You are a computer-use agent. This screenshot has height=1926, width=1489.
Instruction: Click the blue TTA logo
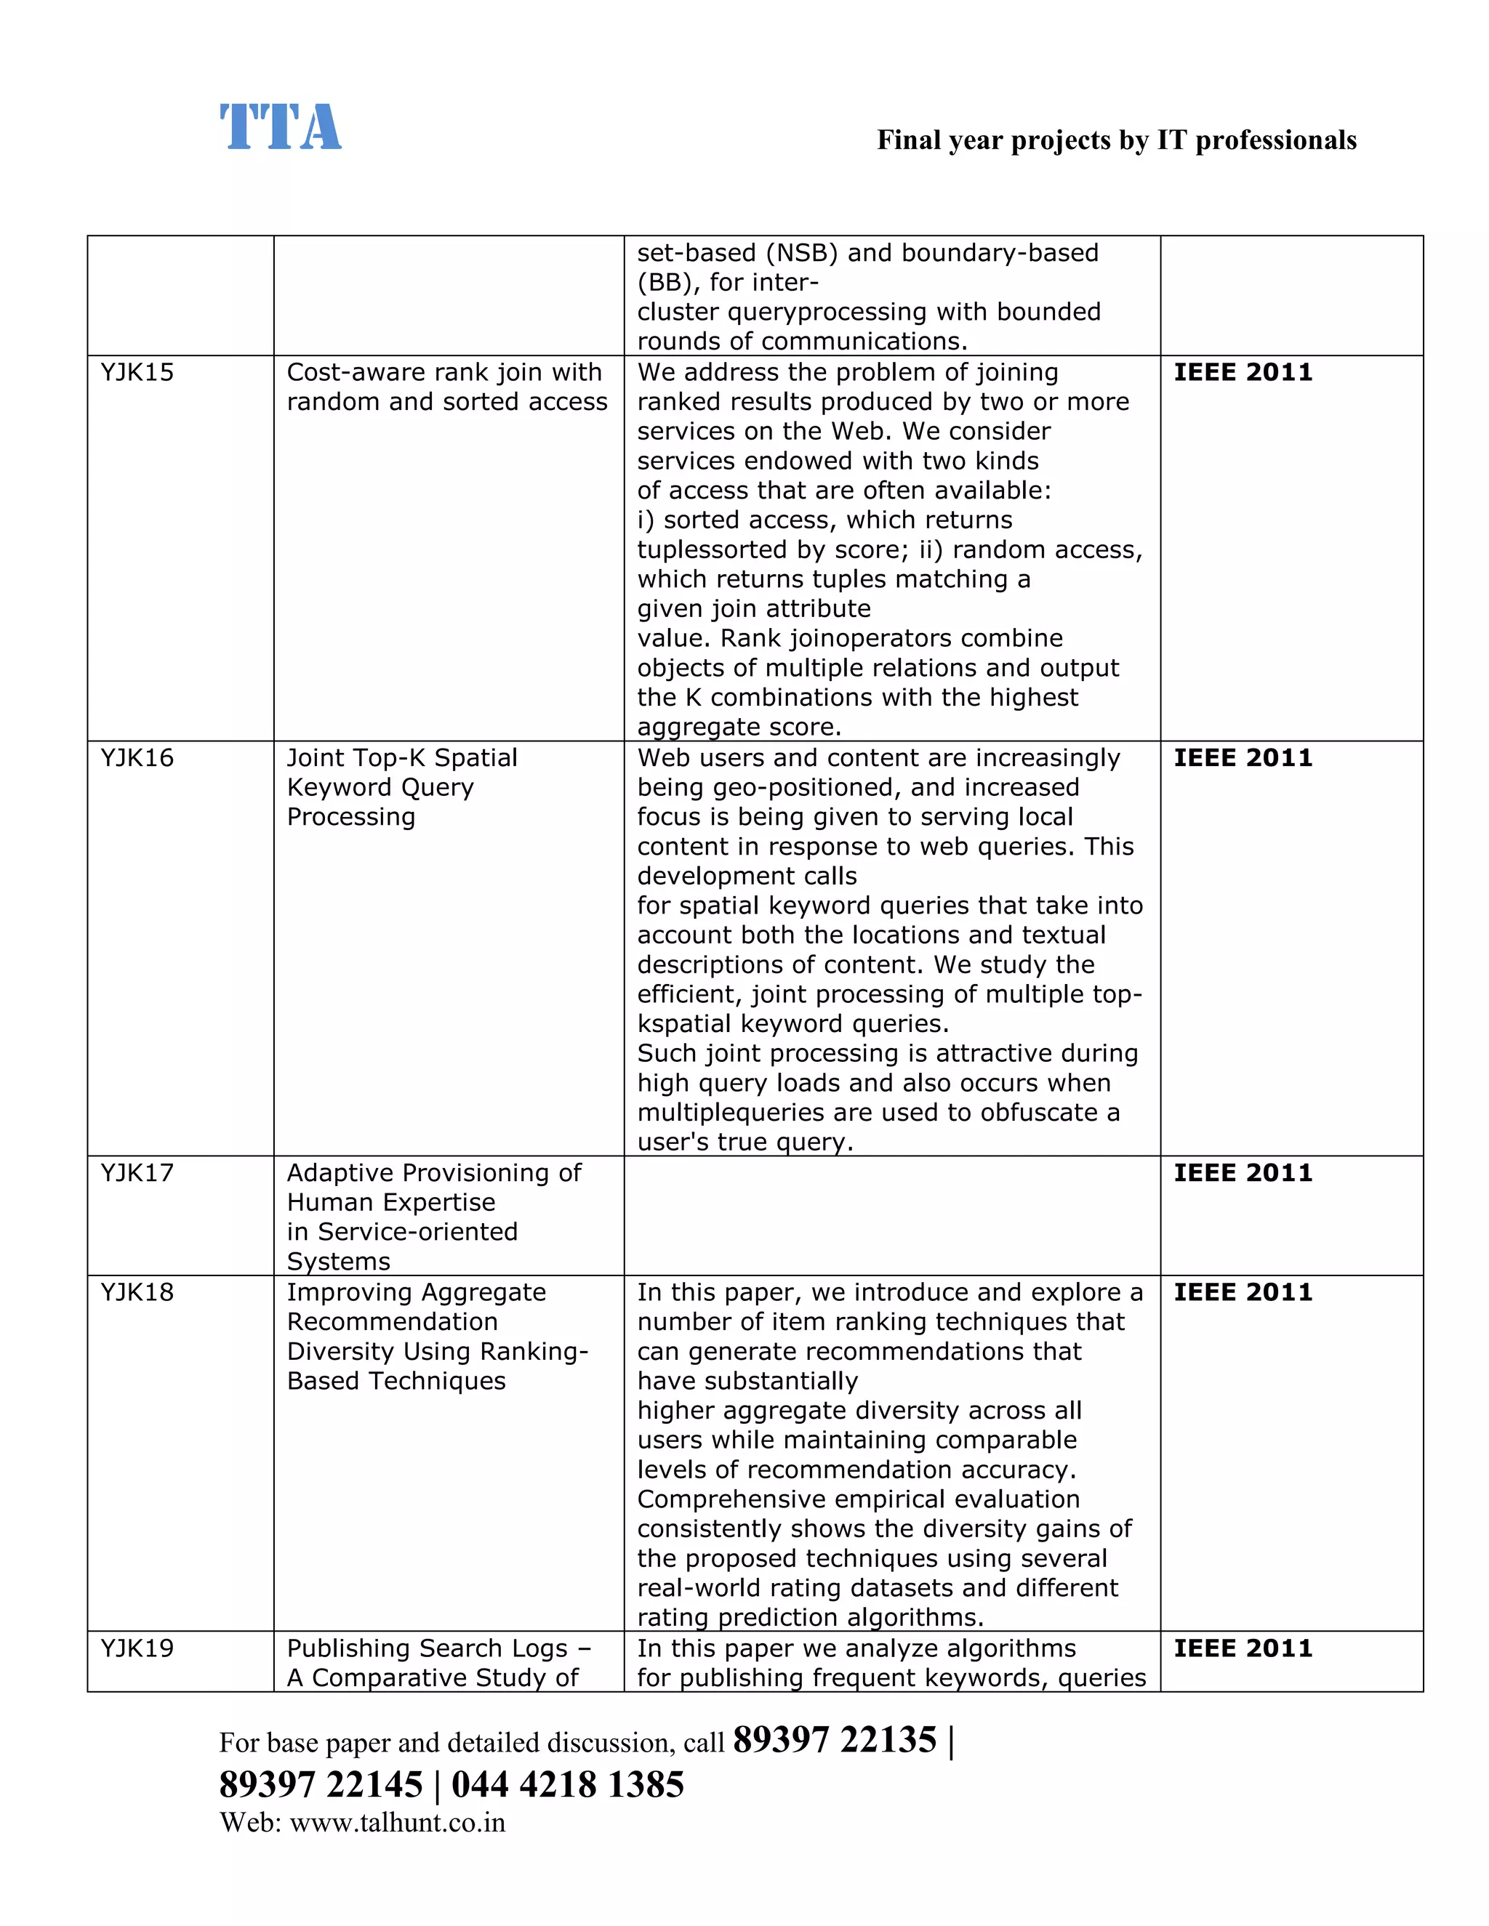pyautogui.click(x=280, y=127)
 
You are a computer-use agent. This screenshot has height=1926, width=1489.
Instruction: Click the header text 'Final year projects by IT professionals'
pyautogui.click(x=1116, y=140)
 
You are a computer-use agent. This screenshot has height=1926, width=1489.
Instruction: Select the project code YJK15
pyautogui.click(x=137, y=372)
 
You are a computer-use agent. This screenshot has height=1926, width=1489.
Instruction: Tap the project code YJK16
pyautogui.click(x=137, y=757)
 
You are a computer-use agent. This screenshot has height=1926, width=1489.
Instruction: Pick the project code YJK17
pyautogui.click(x=137, y=1173)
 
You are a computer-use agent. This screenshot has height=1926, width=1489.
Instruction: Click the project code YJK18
pyautogui.click(x=137, y=1292)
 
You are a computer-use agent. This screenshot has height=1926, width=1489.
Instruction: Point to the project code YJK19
pyautogui.click(x=137, y=1648)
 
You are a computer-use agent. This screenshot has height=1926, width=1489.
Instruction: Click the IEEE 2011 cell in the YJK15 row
pyautogui.click(x=1242, y=372)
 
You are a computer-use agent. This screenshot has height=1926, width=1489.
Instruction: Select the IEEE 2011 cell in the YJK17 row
pyautogui.click(x=1242, y=1173)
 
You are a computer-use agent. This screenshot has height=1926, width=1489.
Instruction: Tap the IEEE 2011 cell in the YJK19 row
pyautogui.click(x=1242, y=1648)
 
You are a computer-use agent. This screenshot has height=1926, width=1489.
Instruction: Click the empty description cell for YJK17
pyautogui.click(x=891, y=1215)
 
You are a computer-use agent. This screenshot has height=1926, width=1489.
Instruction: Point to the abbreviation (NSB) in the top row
pyautogui.click(x=802, y=253)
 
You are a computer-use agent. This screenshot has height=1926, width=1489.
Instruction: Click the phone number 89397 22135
pyautogui.click(x=834, y=1740)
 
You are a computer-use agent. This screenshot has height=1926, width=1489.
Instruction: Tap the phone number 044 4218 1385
pyautogui.click(x=567, y=1784)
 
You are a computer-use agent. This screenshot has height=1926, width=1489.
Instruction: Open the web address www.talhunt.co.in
pyautogui.click(x=397, y=1823)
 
